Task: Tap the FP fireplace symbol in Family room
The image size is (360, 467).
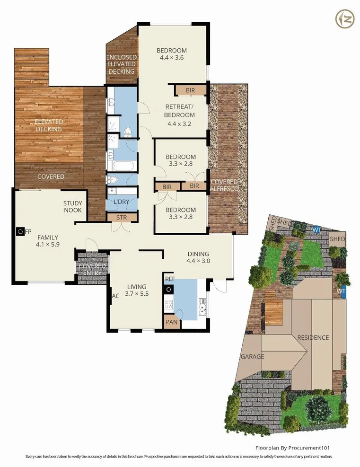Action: click(x=20, y=232)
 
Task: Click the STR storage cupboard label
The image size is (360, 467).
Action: click(x=122, y=217)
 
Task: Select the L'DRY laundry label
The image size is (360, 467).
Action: click(x=121, y=202)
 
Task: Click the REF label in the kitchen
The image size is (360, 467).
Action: click(x=170, y=279)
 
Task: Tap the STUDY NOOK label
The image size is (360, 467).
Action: click(x=73, y=207)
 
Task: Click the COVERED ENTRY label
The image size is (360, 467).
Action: click(x=93, y=270)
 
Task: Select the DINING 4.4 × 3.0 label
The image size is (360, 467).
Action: click(x=198, y=257)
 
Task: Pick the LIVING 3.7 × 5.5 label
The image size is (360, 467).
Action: click(x=137, y=290)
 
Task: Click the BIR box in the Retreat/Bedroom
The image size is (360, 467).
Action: click(x=191, y=89)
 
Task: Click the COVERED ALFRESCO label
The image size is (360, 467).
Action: click(x=225, y=185)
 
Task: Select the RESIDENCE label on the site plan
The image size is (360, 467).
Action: click(x=313, y=337)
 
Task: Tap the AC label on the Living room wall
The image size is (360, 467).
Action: click(x=114, y=297)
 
